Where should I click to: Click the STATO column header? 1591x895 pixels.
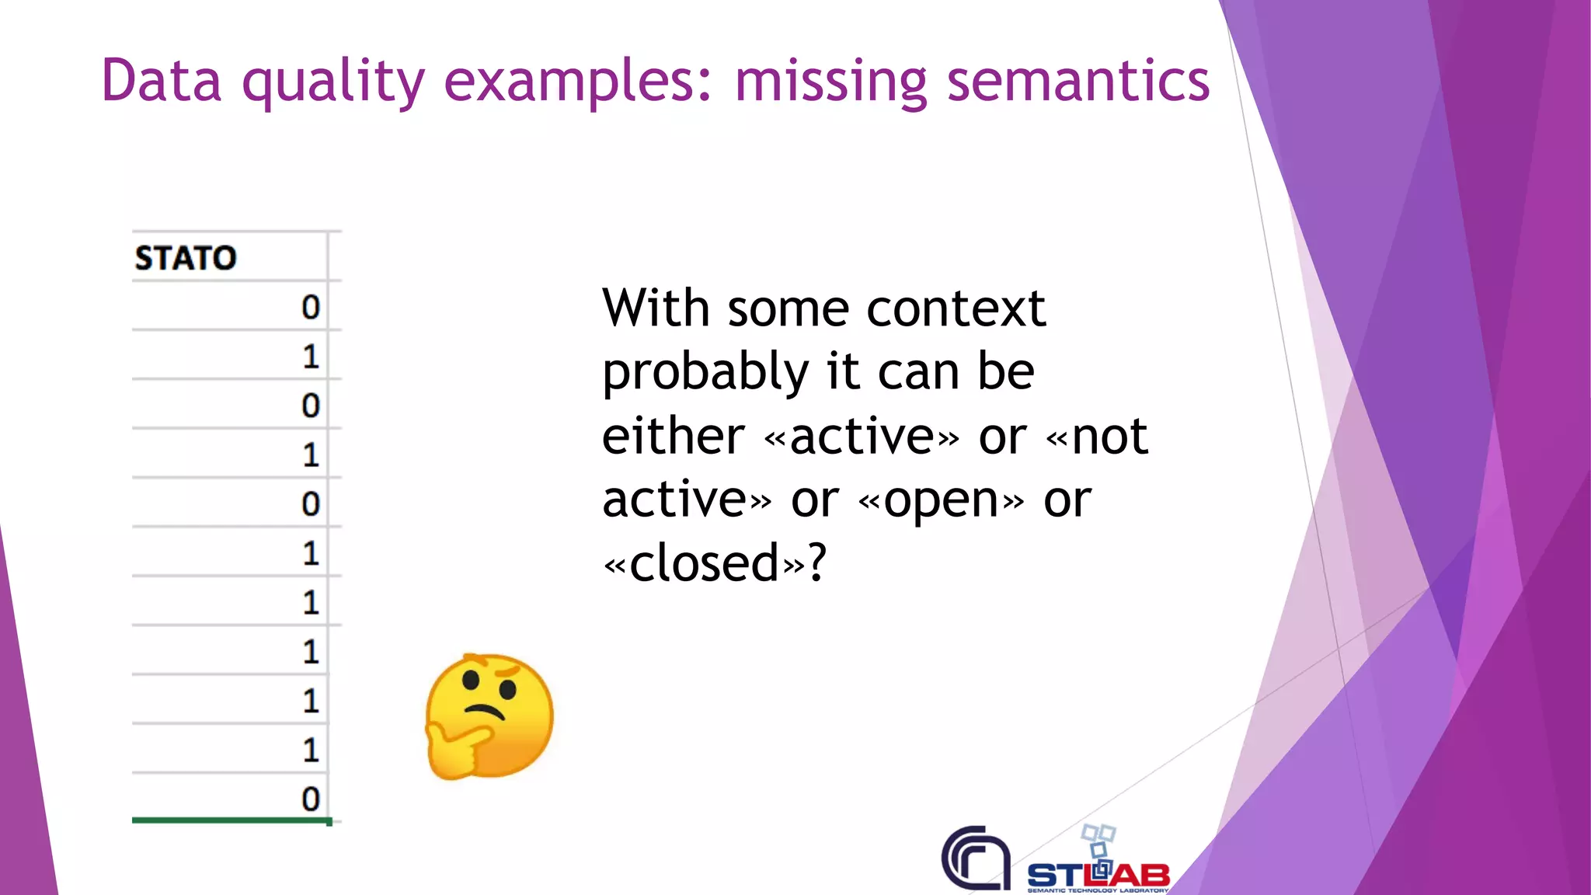(x=186, y=258)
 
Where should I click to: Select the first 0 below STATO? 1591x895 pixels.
(x=311, y=308)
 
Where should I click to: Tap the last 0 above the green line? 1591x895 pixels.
(x=311, y=799)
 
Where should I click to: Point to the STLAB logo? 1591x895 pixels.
(x=1098, y=866)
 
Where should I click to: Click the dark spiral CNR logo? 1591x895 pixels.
(x=976, y=858)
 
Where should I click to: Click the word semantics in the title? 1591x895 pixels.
(x=1078, y=81)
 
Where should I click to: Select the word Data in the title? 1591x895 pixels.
(x=162, y=81)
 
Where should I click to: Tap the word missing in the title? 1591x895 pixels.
(x=830, y=81)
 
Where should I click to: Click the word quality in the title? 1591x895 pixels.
(x=332, y=81)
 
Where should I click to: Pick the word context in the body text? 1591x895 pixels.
(x=956, y=308)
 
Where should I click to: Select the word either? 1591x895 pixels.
(x=673, y=436)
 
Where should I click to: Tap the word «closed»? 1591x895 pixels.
(x=703, y=563)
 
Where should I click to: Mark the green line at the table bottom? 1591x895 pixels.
(x=231, y=820)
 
